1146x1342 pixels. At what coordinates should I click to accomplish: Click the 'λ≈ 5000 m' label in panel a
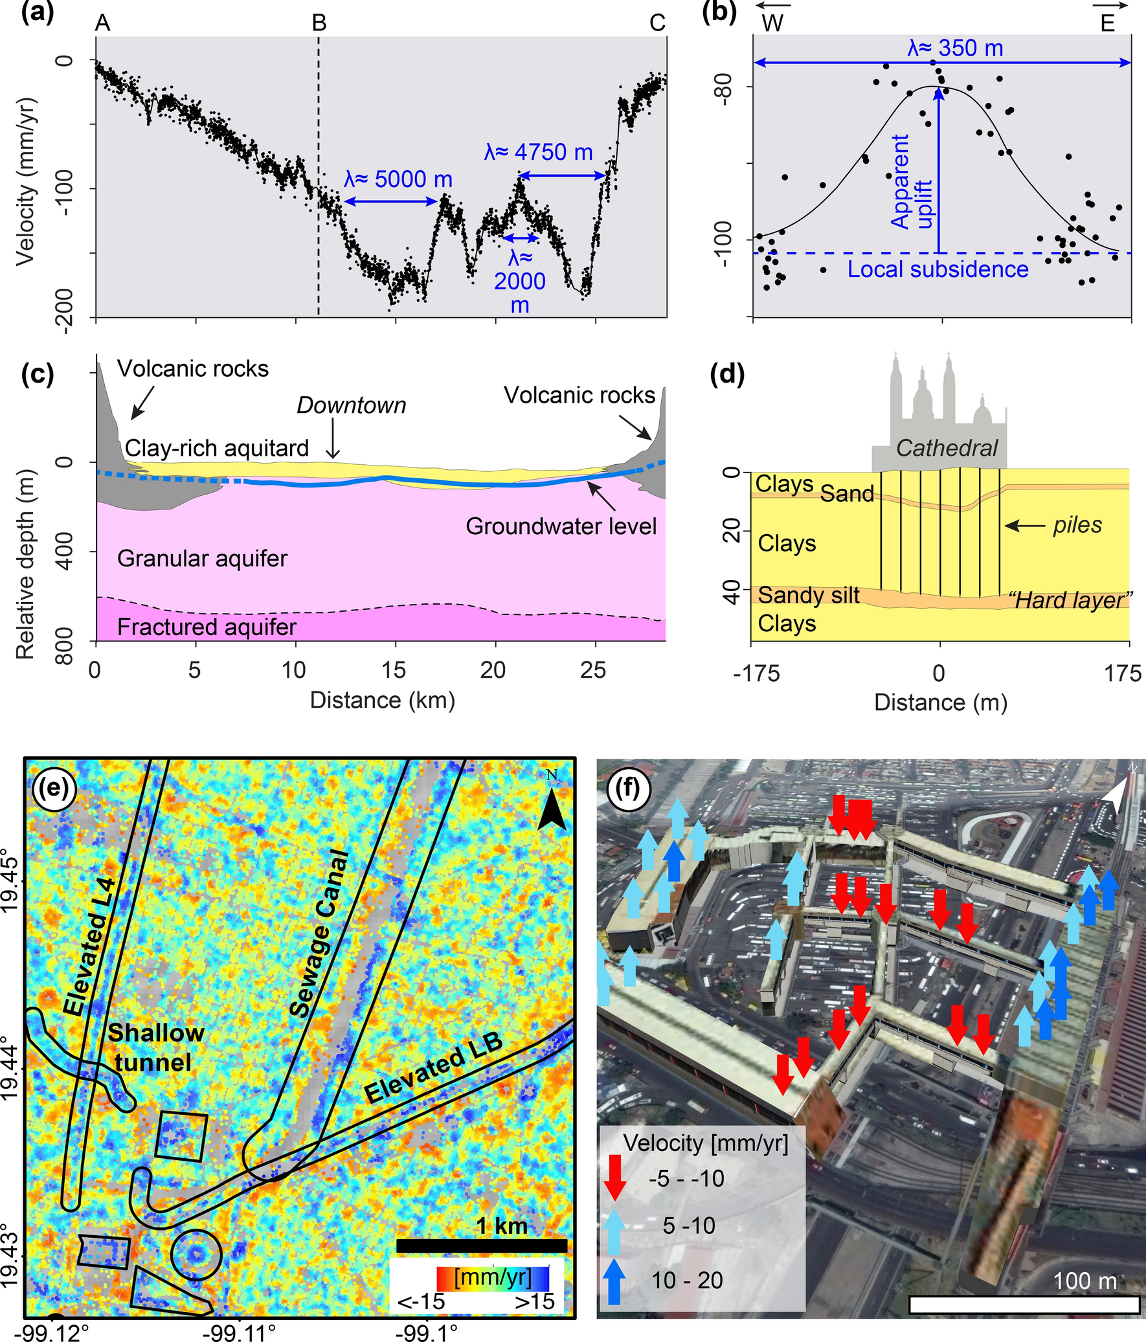click(x=398, y=179)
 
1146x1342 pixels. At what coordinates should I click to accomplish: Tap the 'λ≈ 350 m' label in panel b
click(x=955, y=48)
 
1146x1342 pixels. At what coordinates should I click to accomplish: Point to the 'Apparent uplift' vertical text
click(x=911, y=183)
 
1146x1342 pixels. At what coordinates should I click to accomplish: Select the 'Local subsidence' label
click(x=938, y=269)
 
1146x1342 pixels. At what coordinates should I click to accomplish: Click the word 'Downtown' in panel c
click(x=351, y=405)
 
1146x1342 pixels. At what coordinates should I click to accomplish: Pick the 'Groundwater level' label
click(x=561, y=526)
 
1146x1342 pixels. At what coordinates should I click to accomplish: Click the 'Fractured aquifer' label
click(x=207, y=627)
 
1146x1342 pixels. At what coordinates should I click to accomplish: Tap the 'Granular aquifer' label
click(x=202, y=558)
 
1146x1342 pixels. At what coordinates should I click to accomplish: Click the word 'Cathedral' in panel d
click(x=947, y=447)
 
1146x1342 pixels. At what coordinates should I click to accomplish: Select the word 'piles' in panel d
click(x=1077, y=524)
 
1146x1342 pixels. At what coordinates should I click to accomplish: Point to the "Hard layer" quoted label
click(x=1071, y=599)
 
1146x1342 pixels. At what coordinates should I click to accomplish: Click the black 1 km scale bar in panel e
click(x=480, y=1246)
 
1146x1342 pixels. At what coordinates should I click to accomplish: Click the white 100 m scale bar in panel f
click(x=1024, y=1304)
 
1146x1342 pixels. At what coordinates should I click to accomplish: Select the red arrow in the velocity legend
click(x=615, y=1178)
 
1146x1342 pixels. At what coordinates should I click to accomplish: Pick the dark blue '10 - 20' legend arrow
click(x=614, y=1280)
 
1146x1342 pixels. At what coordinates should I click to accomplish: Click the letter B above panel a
click(x=319, y=23)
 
